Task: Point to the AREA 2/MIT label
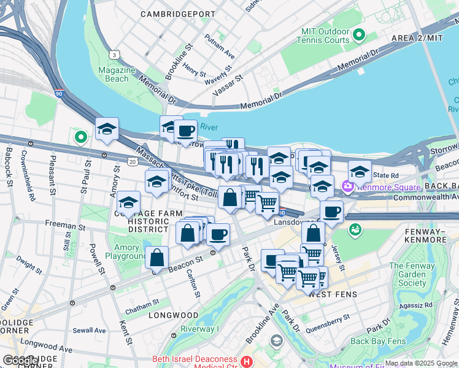click(x=417, y=38)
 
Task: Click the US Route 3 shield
click(x=114, y=55)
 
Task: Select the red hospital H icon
click(x=247, y=362)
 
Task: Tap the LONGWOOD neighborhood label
click(x=173, y=315)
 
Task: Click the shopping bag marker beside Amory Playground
click(x=156, y=258)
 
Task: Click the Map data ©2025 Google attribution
click(x=421, y=363)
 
